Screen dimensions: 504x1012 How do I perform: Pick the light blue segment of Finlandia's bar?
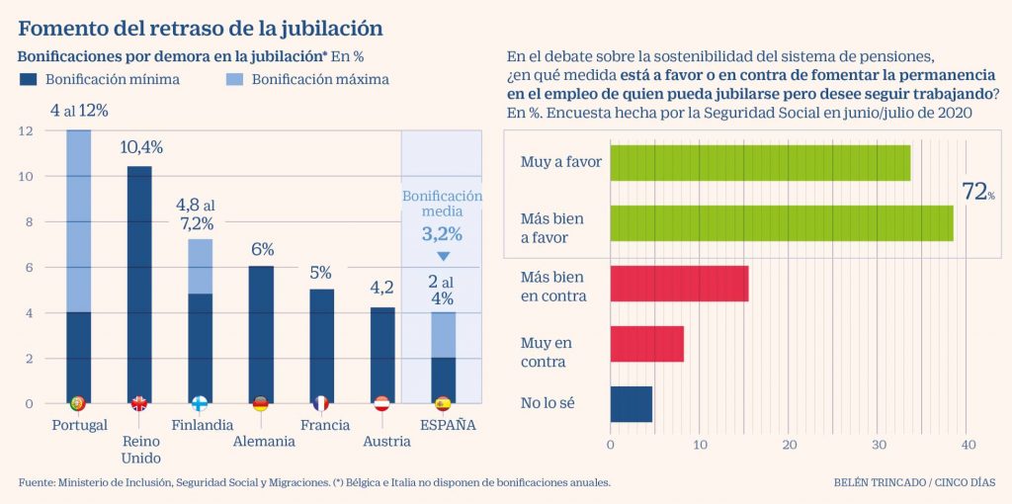(200, 267)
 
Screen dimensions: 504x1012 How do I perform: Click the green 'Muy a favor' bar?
(760, 162)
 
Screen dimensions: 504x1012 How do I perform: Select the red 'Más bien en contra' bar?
(679, 284)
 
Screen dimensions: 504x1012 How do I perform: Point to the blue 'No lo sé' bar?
(631, 403)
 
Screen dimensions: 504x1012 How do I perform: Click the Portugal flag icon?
(78, 403)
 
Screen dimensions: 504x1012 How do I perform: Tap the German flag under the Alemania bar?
(261, 403)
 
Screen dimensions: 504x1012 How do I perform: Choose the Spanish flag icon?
(443, 403)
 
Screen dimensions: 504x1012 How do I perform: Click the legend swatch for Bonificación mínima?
(28, 79)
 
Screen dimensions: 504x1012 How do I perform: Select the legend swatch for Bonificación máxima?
(233, 79)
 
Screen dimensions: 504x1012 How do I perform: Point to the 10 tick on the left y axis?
(27, 176)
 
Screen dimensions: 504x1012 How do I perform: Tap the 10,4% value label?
(141, 147)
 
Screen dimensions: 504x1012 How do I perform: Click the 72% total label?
(978, 193)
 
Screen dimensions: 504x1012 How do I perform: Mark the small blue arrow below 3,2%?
(443, 256)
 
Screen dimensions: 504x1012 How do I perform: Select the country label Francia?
(325, 425)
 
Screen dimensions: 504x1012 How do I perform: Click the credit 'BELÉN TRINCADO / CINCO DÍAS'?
(914, 482)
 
